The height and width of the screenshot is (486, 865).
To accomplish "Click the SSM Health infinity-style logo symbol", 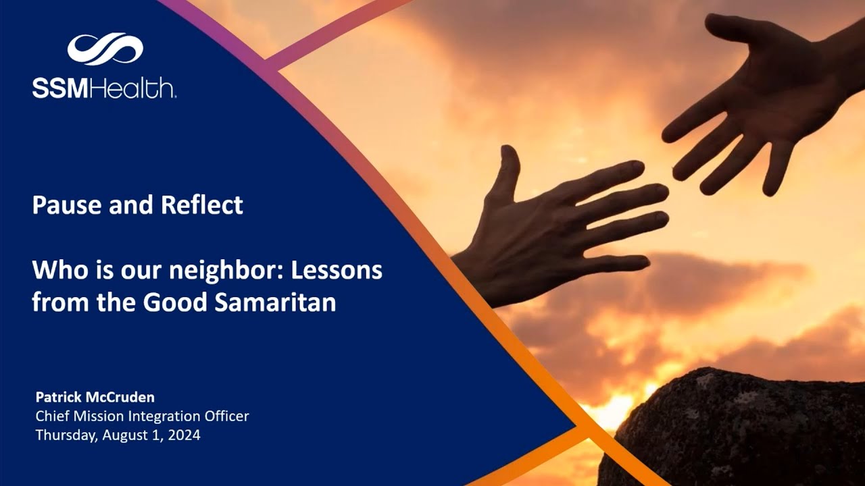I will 105,49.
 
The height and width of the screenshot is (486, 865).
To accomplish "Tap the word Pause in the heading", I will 61,205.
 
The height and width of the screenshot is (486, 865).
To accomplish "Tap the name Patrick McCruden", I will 95,397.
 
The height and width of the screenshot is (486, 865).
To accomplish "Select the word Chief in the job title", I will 51,416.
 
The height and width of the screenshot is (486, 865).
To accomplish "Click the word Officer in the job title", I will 226,416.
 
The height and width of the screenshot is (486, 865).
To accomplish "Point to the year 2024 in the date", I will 183,435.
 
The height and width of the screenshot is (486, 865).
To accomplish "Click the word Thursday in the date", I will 66,435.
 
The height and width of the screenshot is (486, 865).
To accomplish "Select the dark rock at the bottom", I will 737,432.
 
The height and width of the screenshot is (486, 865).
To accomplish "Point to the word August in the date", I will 125,435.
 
